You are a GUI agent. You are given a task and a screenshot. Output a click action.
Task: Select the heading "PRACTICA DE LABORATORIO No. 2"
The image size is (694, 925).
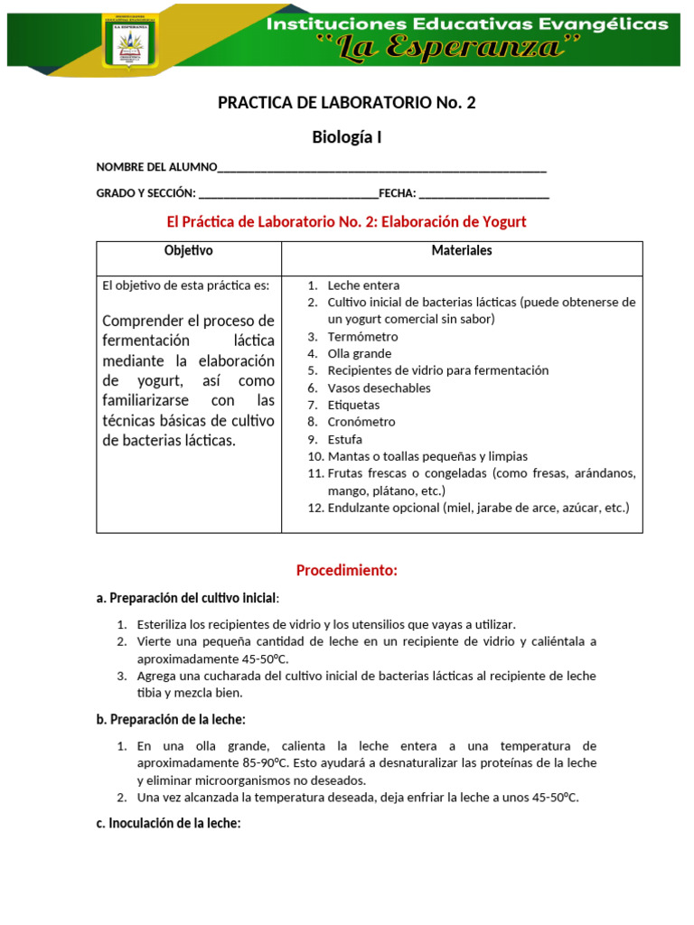click(x=346, y=102)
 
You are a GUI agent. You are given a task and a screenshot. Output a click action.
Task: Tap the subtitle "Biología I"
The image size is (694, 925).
click(x=346, y=137)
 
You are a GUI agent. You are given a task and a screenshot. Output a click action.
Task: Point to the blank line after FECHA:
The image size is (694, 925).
click(x=484, y=193)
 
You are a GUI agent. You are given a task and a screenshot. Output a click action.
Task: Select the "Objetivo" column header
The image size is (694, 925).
click(x=189, y=251)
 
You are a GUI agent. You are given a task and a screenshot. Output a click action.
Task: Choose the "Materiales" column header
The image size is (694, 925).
click(x=462, y=251)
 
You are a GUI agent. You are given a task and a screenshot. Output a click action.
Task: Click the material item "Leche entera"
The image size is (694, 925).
click(x=363, y=285)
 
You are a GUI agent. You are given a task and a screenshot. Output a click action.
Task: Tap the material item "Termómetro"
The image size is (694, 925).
click(x=362, y=337)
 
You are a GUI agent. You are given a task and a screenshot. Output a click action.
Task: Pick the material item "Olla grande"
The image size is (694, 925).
click(x=360, y=354)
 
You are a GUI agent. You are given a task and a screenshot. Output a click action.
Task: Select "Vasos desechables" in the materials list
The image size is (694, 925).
click(x=379, y=388)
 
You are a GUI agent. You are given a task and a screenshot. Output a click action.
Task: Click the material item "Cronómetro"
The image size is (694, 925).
click(x=361, y=422)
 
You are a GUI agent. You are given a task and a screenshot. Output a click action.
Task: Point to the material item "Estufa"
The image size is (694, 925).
click(x=345, y=439)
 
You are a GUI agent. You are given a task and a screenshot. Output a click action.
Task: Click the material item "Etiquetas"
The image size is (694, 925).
click(x=353, y=406)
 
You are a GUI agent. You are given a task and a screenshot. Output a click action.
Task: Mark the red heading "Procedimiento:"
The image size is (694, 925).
click(x=346, y=571)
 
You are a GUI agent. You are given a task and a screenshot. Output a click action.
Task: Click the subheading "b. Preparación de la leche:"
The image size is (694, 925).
click(x=171, y=719)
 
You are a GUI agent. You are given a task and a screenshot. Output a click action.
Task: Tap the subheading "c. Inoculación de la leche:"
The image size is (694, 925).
click(x=168, y=823)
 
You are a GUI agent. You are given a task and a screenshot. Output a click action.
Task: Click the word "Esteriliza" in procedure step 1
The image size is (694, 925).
click(x=164, y=624)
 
